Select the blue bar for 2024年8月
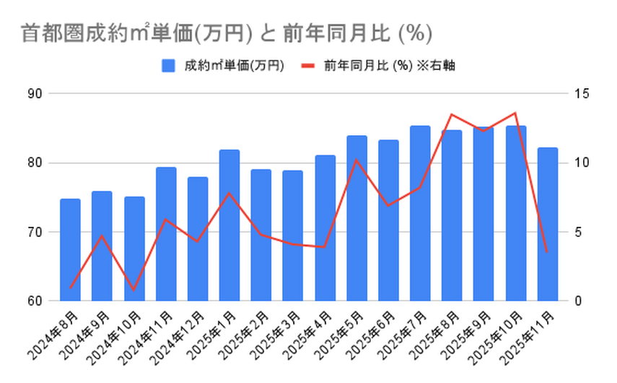click(70, 249)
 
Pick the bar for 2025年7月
click(420, 213)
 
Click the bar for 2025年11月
click(548, 224)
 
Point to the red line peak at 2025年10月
click(515, 113)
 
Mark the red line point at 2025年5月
click(356, 160)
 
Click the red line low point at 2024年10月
click(134, 290)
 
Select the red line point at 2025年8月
click(452, 114)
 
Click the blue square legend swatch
click(168, 66)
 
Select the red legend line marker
click(308, 66)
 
